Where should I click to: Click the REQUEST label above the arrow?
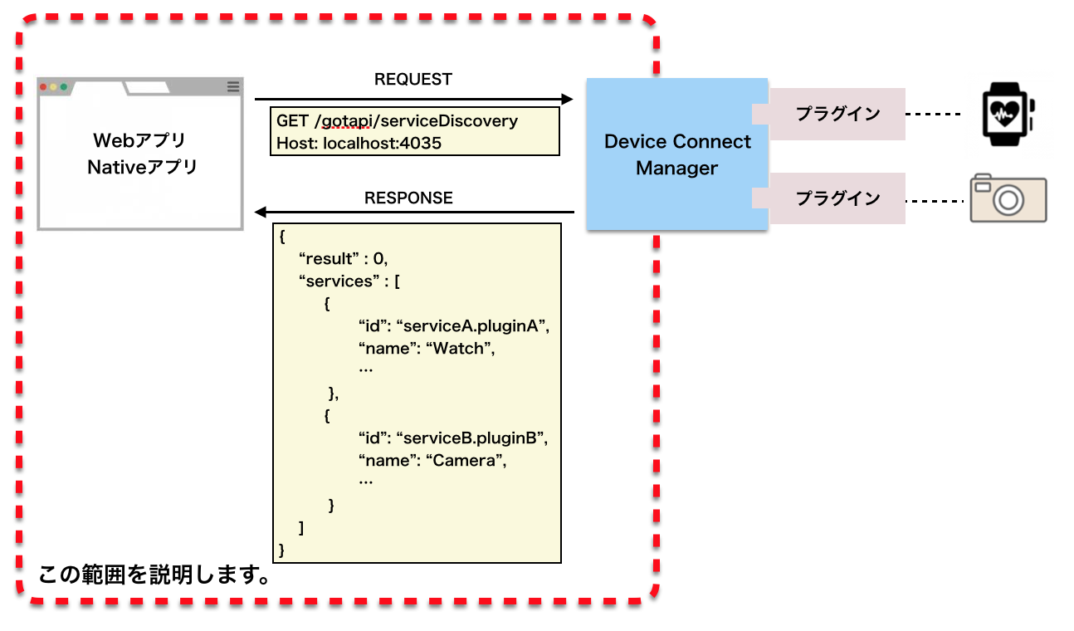pyautogui.click(x=413, y=80)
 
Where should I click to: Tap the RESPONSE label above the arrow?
pyautogui.click(x=408, y=198)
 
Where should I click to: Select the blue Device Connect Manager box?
pyautogui.click(x=676, y=154)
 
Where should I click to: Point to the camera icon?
pyautogui.click(x=1008, y=198)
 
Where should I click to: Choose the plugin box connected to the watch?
pyautogui.click(x=837, y=114)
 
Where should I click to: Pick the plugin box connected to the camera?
pyautogui.click(x=837, y=198)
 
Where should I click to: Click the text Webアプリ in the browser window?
pyautogui.click(x=139, y=140)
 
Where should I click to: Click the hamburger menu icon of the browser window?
pyautogui.click(x=233, y=86)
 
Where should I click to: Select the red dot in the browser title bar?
pyautogui.click(x=43, y=86)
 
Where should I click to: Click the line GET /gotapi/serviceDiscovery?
pyautogui.click(x=397, y=121)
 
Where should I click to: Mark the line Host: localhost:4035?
pyautogui.click(x=359, y=143)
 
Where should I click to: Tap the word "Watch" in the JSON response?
pyautogui.click(x=460, y=349)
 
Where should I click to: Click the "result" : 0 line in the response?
pyautogui.click(x=343, y=259)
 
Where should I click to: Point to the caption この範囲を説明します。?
pyautogui.click(x=154, y=575)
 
